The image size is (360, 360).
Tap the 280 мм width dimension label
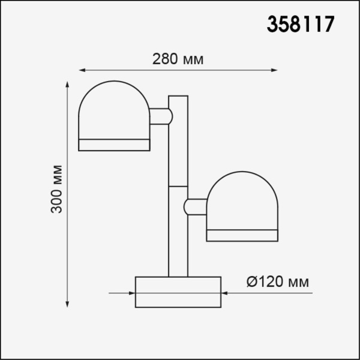pos(178,59)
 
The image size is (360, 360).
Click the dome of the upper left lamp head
pos(114,111)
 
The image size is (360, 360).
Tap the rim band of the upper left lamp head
pos(114,144)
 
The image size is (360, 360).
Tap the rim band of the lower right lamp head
pos(242,235)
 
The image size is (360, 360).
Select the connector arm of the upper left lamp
pos(160,116)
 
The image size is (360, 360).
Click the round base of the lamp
pos(178,292)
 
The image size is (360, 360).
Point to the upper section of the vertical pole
pos(178,141)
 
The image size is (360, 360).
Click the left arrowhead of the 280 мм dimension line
pos(82,70)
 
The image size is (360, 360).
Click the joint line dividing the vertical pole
pos(178,186)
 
